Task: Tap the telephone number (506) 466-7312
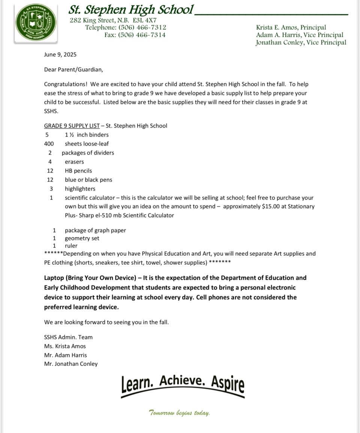pos(142,27)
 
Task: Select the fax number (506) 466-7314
pos(142,35)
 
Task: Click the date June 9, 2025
pos(60,54)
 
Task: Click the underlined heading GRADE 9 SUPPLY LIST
pos(72,126)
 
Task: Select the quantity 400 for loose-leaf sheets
pos(49,144)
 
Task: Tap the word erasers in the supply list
pos(74,162)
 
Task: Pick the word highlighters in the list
pos(80,189)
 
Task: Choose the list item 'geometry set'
pos(82,238)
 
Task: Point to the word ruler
pos(71,246)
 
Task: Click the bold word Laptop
pos(54,278)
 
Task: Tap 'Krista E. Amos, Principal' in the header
pos(291,27)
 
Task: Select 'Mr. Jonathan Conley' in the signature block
pos(70,364)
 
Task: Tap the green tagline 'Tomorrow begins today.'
pos(179,413)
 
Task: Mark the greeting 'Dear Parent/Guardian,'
pos(73,69)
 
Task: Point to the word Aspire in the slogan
pos(228,383)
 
